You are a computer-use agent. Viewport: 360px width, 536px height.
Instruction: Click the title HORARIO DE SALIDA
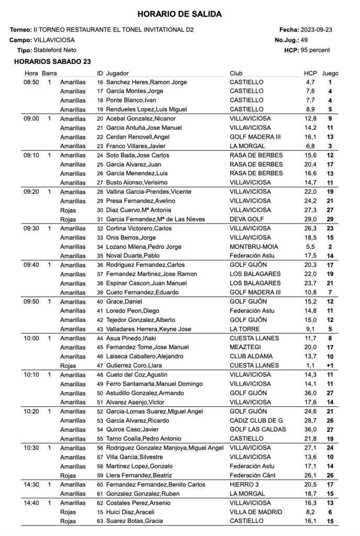pos(179,14)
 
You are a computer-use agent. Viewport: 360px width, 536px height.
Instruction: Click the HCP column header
pos(310,73)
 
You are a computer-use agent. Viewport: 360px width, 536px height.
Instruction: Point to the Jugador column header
pos(117,73)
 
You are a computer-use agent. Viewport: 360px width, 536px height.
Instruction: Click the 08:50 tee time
pos(31,82)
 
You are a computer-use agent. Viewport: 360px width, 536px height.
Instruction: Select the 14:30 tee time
pos(31,485)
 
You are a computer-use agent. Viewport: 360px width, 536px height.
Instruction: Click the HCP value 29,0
pos(310,219)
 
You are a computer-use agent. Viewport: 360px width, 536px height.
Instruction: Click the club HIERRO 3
pos(244,485)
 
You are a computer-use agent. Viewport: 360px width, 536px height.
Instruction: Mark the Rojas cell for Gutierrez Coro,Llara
pos(68,365)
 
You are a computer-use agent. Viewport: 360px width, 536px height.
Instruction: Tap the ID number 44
pos(100,338)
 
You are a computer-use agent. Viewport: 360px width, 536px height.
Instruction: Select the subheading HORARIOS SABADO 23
pos(53,62)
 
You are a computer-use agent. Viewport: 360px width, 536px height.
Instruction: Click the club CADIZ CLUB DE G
pos(256,420)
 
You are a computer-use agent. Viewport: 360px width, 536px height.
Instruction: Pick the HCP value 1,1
pos(310,365)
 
